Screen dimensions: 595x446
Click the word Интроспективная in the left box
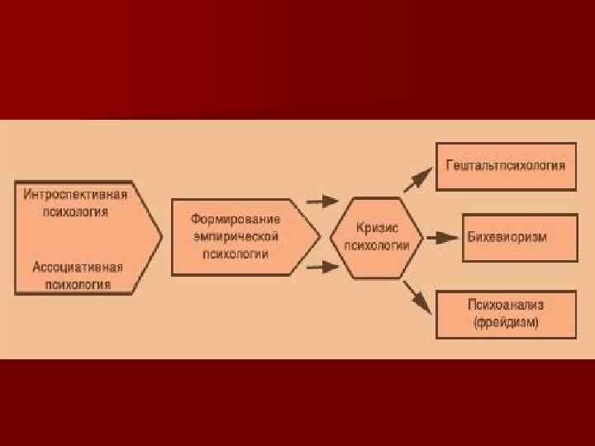tap(75, 195)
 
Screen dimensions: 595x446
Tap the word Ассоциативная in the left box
tap(78, 268)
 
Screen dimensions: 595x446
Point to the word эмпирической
tap(236, 237)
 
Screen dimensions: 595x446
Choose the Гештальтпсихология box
tap(505, 166)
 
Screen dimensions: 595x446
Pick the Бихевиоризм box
tap(507, 237)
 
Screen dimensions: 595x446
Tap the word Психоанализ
tap(506, 306)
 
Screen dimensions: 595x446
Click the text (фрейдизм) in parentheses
tap(506, 323)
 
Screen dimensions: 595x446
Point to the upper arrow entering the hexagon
tap(322, 201)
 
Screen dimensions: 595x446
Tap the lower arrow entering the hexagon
tap(322, 267)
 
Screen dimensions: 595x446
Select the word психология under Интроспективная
tap(75, 211)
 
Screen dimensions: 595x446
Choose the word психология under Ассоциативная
tap(78, 284)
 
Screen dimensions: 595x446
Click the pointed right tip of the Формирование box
tap(318, 235)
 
